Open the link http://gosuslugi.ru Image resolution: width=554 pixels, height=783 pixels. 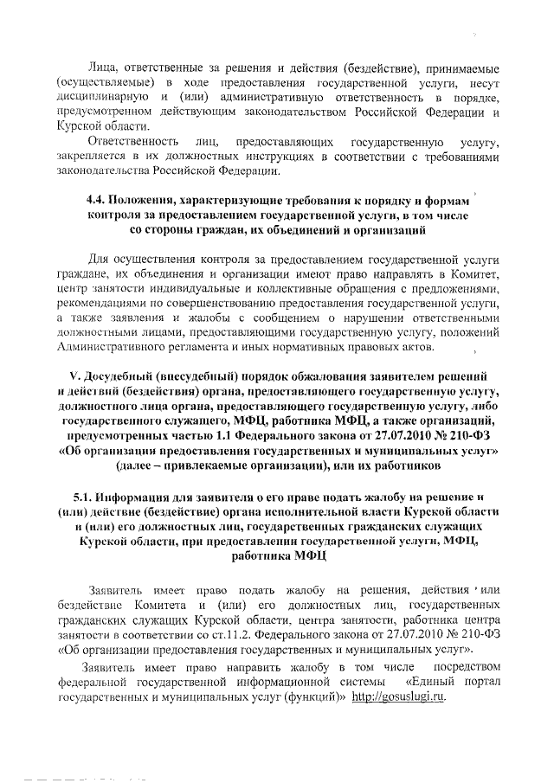pyautogui.click(x=399, y=697)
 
